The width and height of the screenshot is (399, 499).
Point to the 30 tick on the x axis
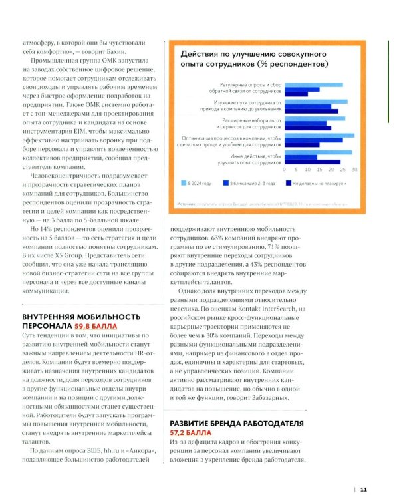(354, 170)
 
